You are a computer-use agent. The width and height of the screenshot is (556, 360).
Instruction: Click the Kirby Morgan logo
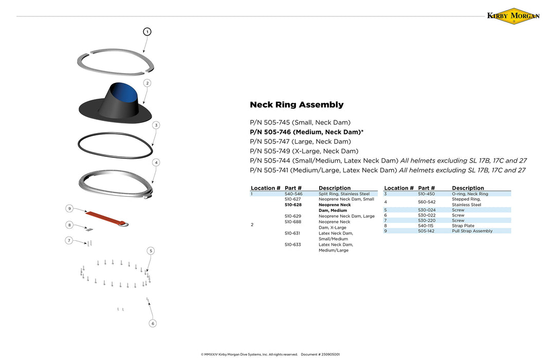513,16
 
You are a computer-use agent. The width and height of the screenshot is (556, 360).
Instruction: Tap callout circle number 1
147,32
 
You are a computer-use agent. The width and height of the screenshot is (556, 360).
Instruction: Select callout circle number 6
153,323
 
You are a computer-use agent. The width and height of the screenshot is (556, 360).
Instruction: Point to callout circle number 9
69,208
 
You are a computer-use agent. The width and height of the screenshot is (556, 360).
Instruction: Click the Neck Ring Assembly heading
296,105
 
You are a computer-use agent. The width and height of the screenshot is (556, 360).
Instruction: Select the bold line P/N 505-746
306,132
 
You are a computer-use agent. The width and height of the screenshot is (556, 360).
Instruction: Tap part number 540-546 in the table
293,194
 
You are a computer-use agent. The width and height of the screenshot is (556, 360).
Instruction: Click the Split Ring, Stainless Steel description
344,194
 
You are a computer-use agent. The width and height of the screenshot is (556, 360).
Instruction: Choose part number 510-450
427,194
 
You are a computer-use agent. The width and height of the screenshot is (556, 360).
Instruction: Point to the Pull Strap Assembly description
472,231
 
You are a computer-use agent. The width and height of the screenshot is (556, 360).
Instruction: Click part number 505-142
427,231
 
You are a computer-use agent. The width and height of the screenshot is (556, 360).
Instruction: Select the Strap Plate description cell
463,226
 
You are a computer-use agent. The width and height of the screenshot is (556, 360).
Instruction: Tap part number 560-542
427,202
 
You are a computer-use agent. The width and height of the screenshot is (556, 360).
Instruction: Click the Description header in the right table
468,188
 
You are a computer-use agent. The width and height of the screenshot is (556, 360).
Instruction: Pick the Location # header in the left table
266,188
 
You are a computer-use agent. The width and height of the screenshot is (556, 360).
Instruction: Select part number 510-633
293,245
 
